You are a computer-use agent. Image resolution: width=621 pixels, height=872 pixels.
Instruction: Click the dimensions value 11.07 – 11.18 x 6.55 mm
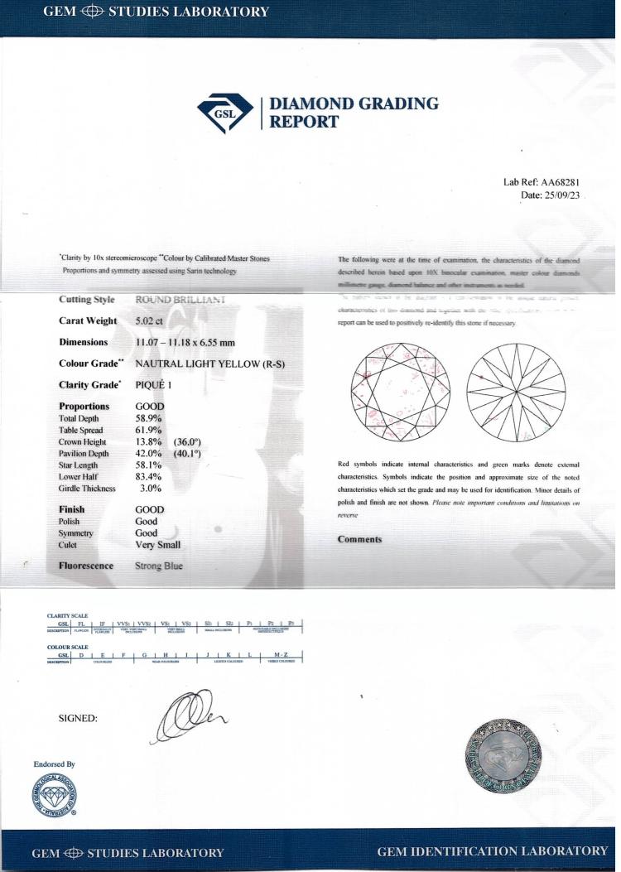[x=195, y=342]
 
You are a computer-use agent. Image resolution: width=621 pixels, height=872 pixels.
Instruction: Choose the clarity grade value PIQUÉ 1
[x=160, y=385]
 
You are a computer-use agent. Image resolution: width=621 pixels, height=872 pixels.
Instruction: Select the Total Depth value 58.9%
[x=149, y=419]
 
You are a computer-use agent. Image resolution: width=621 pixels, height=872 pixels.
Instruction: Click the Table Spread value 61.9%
[x=149, y=431]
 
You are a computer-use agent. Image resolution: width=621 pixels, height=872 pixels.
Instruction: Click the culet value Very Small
[x=157, y=545]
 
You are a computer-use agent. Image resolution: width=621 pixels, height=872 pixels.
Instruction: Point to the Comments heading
[x=359, y=540]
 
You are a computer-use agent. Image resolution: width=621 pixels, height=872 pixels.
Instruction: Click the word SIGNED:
[x=78, y=718]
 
